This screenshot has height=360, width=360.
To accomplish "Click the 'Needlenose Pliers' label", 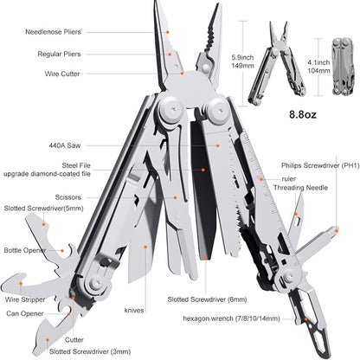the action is click(x=53, y=32).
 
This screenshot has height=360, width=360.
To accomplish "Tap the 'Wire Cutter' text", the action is click(x=62, y=74).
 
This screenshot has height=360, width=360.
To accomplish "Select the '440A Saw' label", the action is click(x=65, y=145).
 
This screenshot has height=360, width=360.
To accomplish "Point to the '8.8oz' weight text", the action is click(x=303, y=114).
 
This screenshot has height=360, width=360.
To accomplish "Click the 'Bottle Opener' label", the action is click(x=25, y=250).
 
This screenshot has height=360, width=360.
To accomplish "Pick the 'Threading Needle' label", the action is click(x=300, y=188).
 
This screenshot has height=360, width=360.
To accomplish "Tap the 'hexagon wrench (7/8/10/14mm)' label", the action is click(x=231, y=318).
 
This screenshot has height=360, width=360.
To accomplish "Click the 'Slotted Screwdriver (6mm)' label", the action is click(x=207, y=299).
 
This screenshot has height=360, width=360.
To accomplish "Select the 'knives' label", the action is click(x=134, y=311).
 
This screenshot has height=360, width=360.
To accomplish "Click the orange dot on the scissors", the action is click(x=175, y=197).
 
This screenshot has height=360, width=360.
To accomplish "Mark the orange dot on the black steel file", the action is click(x=203, y=170).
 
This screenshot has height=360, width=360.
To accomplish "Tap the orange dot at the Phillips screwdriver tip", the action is click(x=337, y=229).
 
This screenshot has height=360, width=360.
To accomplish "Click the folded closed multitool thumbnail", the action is click(x=343, y=67).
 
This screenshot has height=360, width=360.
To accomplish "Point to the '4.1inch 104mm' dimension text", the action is click(x=318, y=67).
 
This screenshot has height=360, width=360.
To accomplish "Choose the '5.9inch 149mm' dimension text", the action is click(x=242, y=61).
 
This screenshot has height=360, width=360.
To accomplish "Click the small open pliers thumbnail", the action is click(x=277, y=63).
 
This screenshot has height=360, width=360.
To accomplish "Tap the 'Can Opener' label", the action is click(x=25, y=313).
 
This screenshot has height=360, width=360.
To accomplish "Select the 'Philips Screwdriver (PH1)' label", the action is click(x=320, y=165).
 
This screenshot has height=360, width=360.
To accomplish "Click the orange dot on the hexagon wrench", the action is click(x=305, y=319).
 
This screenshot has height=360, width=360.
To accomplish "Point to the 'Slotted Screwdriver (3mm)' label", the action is click(x=90, y=351).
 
